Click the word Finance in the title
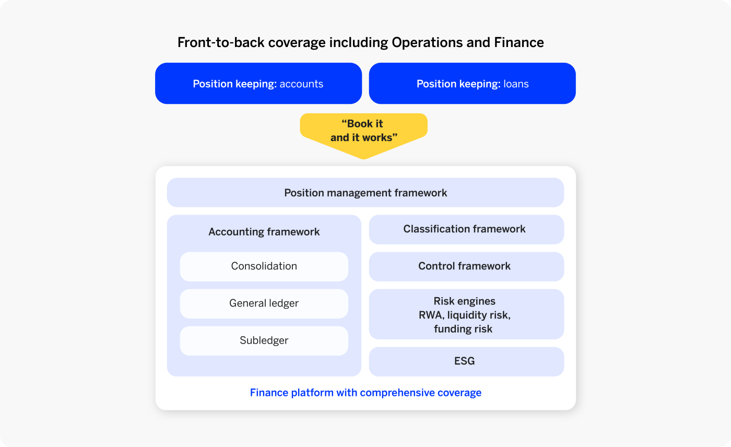click(519, 42)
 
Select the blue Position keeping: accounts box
click(258, 84)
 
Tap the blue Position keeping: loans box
click(472, 84)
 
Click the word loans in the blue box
click(516, 84)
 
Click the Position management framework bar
click(365, 193)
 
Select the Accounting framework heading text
click(264, 232)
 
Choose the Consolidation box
click(264, 266)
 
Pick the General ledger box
click(264, 303)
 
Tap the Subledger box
click(264, 340)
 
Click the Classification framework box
click(466, 229)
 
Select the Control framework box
click(466, 266)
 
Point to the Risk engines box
click(466, 314)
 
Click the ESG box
click(466, 361)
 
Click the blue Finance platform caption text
click(365, 393)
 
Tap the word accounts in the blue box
click(301, 84)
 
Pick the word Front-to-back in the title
click(221, 43)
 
